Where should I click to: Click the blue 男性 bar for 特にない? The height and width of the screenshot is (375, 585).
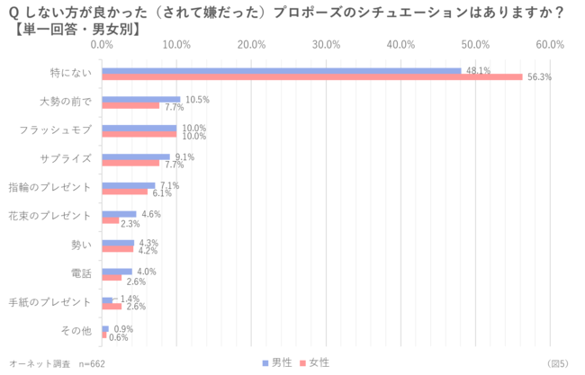(281, 71)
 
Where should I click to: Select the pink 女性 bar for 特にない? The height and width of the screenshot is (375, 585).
(311, 77)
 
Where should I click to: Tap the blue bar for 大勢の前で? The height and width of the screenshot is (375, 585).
(141, 99)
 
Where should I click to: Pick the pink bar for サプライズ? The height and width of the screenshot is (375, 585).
(130, 163)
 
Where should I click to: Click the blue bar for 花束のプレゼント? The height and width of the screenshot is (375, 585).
(119, 214)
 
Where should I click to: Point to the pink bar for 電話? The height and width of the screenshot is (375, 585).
(112, 278)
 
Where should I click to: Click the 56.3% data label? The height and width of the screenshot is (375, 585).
(539, 77)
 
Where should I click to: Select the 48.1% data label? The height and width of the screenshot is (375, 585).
(478, 70)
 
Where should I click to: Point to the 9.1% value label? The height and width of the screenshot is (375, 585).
(185, 156)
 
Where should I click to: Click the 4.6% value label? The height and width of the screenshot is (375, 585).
(151, 214)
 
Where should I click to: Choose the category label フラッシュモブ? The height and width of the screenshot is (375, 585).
(56, 131)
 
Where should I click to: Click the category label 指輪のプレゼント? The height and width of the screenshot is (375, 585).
(49, 188)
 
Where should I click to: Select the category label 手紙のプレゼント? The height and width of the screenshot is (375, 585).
(49, 303)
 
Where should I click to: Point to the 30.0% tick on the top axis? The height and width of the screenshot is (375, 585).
(326, 44)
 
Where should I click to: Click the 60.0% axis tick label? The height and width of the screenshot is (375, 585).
(549, 44)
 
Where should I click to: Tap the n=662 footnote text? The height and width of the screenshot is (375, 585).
(94, 363)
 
